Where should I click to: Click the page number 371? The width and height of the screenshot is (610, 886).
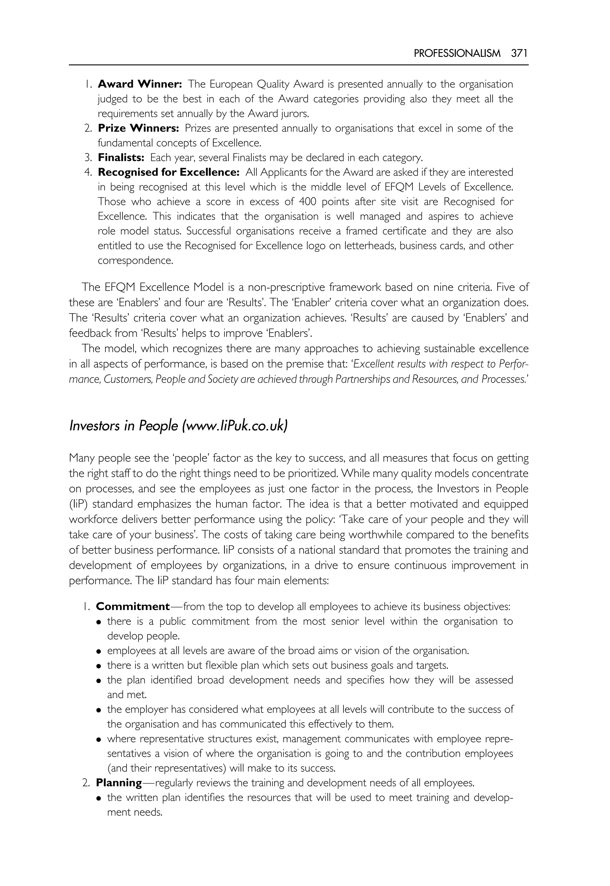coord(519,53)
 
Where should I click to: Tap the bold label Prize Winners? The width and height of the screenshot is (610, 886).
coord(139,128)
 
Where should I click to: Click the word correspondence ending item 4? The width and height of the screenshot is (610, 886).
coord(135,261)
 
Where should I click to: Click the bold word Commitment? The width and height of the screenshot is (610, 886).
coord(133,606)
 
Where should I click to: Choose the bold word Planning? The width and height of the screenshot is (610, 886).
coord(119,783)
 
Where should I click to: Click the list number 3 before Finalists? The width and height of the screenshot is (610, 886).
coord(88,157)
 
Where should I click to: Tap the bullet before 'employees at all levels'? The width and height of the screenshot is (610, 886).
coord(99,651)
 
